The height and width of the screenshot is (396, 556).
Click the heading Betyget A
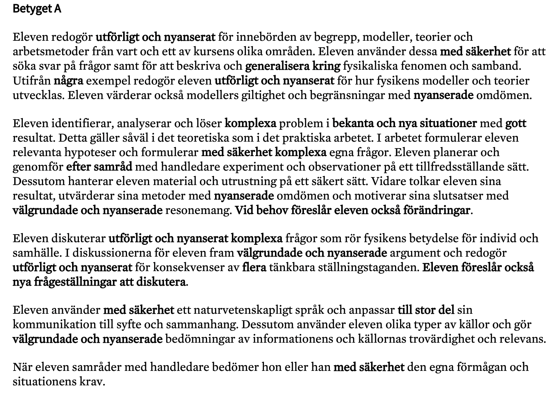pos(37,9)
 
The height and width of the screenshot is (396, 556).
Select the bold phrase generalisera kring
pos(292,66)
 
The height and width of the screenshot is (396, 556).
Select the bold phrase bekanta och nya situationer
pos(404,124)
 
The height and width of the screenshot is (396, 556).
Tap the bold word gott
pos(516,124)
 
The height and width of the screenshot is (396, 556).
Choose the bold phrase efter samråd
pos(99,167)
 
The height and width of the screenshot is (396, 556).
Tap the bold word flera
pos(254,268)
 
